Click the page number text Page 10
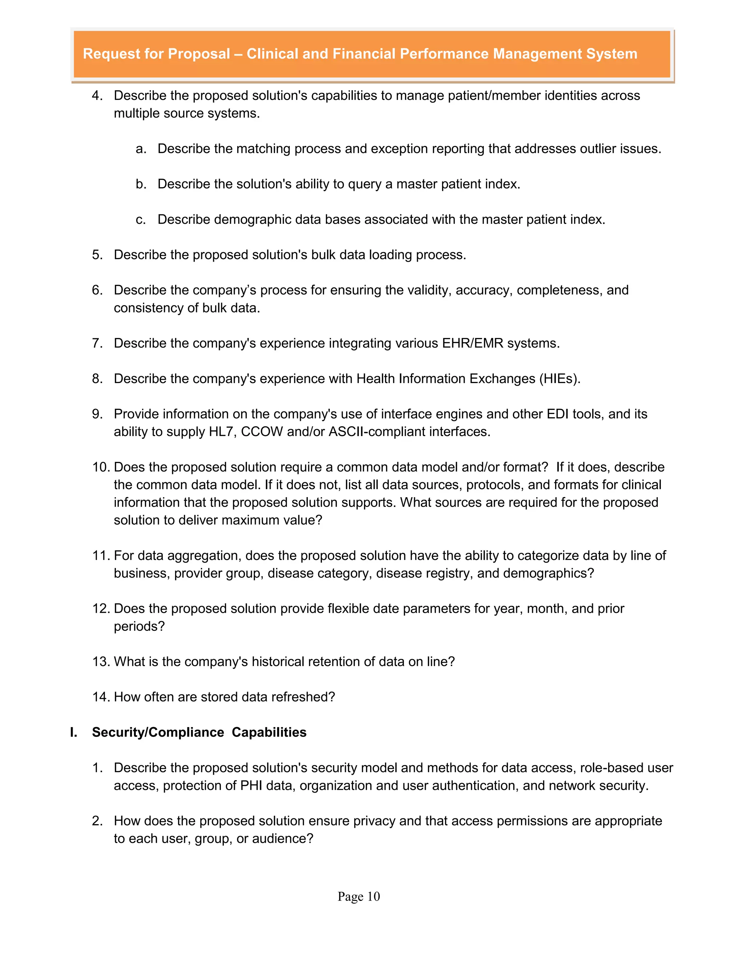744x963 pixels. click(x=358, y=896)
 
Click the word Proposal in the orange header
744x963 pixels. click(x=199, y=54)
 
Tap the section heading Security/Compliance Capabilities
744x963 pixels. click(x=199, y=732)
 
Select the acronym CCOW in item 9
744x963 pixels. click(x=262, y=431)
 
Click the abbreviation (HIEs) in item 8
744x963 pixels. click(x=559, y=378)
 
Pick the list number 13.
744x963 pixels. click(x=101, y=661)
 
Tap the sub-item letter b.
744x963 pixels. click(x=141, y=184)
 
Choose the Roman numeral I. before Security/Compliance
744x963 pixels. click(x=74, y=732)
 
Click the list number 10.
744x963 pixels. click(x=101, y=467)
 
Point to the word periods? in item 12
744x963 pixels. click(x=139, y=626)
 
